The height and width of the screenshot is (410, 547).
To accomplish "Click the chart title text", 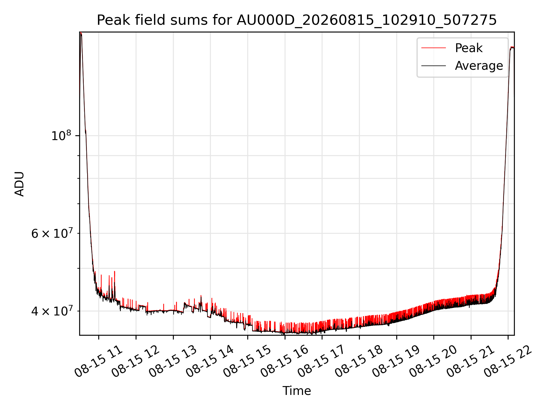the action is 297,20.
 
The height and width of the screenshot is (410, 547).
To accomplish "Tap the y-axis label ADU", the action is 19,184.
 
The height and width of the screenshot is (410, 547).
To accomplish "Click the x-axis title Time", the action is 297,391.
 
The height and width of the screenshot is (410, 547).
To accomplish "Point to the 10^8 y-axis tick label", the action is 61,135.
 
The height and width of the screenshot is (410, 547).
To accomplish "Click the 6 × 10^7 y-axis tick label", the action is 52,233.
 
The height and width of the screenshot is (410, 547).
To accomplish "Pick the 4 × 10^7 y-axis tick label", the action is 52,311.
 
